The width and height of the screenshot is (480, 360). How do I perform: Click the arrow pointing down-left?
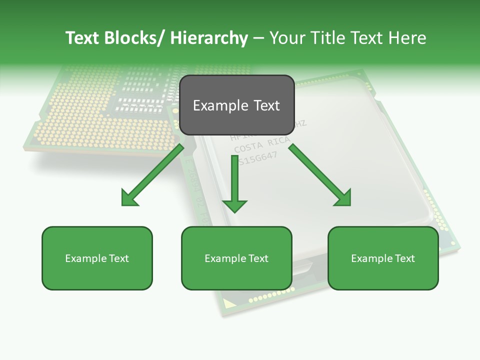pyautogui.click(x=152, y=175)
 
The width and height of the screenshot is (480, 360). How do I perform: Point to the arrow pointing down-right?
pyautogui.click(x=320, y=175)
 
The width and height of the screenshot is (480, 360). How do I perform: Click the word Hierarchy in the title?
pyautogui.click(x=209, y=38)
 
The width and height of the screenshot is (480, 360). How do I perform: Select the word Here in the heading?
pyautogui.click(x=407, y=38)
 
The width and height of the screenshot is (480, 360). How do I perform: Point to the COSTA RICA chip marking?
pyautogui.click(x=261, y=145)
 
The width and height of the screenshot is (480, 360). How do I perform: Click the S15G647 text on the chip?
pyautogui.click(x=257, y=158)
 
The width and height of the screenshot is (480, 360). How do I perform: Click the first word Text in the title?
pyautogui.click(x=82, y=38)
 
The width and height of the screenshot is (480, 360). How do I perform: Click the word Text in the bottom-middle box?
pyautogui.click(x=258, y=258)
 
